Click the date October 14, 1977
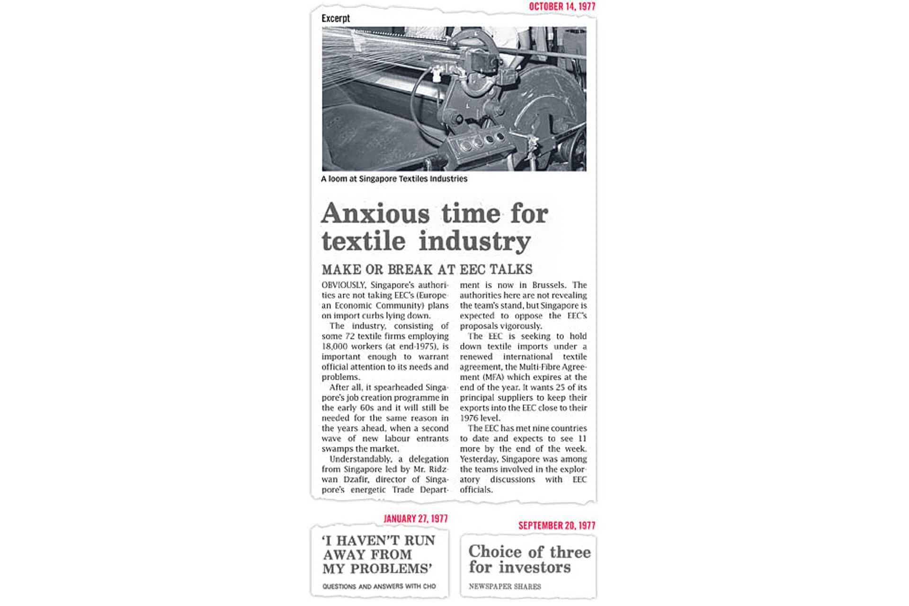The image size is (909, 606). [x=561, y=7]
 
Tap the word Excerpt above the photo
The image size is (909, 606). [x=335, y=18]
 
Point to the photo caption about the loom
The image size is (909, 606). [x=394, y=179]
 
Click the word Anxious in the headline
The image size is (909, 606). [x=375, y=214]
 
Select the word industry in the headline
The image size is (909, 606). [x=475, y=241]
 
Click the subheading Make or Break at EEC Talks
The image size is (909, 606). [x=427, y=269]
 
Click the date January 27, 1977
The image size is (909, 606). [x=415, y=519]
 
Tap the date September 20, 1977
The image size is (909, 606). [x=556, y=526]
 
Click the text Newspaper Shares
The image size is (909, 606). [x=505, y=587]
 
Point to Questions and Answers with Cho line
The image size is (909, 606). [x=379, y=587]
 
